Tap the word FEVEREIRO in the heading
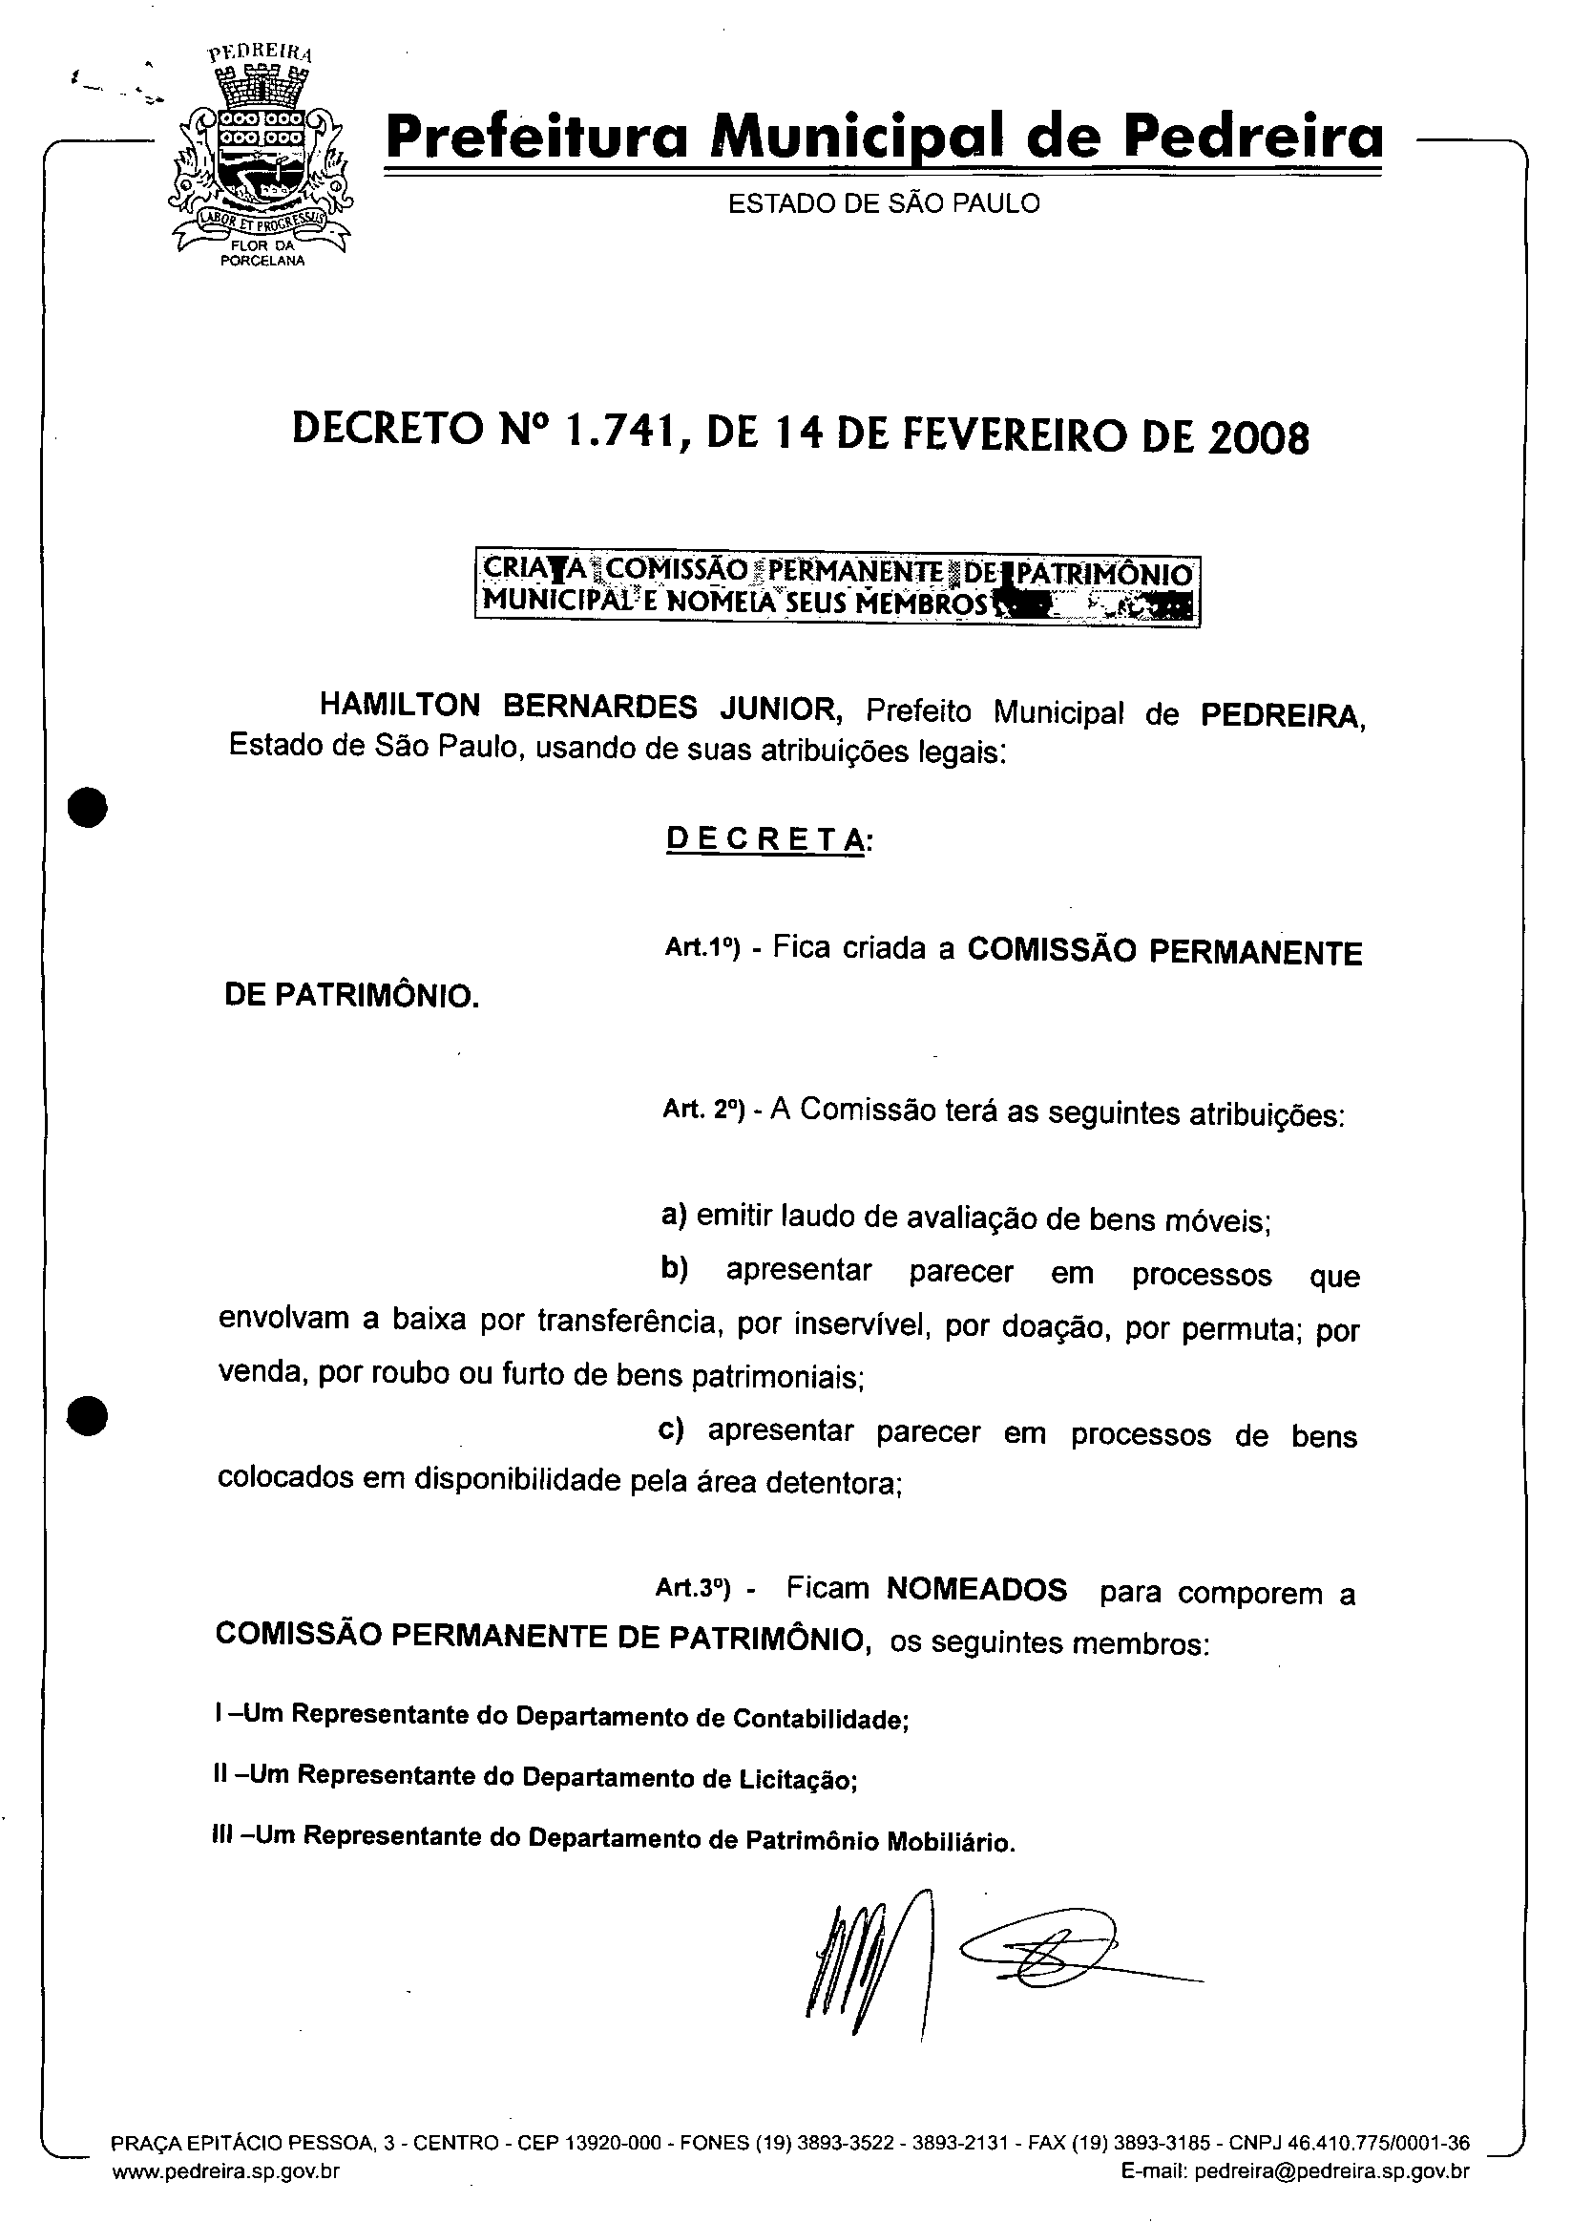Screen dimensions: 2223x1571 coord(1016,435)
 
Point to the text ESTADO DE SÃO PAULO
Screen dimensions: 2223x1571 coord(884,203)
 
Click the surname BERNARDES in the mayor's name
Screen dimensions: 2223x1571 coord(600,707)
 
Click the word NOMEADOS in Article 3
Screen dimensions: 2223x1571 coord(976,1590)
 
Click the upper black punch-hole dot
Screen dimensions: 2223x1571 coord(87,807)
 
